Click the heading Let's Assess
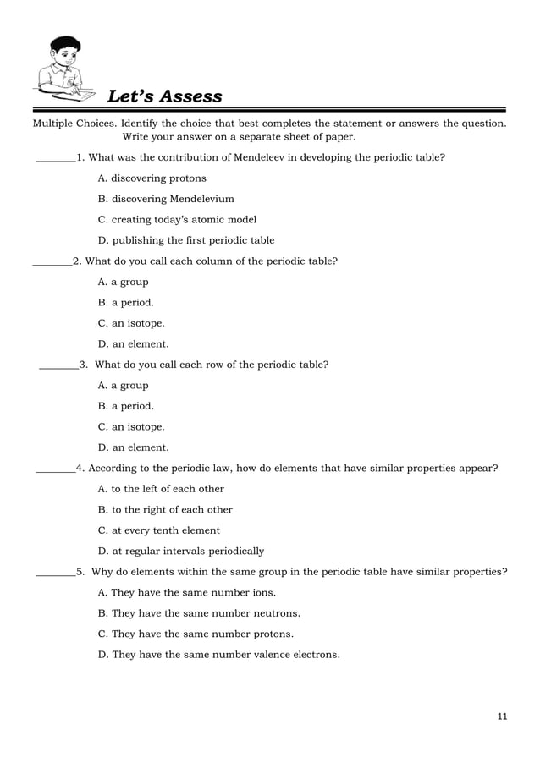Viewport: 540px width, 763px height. (164, 96)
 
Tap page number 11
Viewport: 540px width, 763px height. (502, 717)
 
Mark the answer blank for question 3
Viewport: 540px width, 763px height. (58, 366)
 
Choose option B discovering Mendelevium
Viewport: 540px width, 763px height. (166, 199)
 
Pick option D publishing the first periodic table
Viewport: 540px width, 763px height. (186, 240)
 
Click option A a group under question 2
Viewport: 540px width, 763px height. (124, 282)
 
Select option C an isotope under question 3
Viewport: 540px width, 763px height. (131, 427)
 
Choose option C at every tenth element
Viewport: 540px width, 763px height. (159, 530)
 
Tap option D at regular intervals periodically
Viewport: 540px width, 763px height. (181, 551)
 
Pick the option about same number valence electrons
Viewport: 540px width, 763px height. (219, 655)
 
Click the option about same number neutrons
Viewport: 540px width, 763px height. (199, 613)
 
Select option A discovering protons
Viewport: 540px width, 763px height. (152, 178)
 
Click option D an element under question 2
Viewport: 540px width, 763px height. (133, 344)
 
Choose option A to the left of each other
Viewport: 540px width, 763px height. (161, 489)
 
